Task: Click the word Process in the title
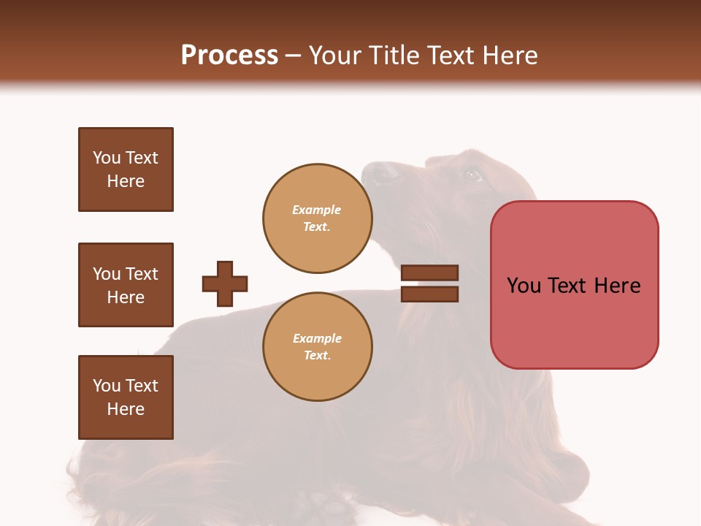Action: (229, 56)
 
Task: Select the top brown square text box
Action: (126, 169)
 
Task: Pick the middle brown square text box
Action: (126, 285)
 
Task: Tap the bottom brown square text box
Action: (126, 397)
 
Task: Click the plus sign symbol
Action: (225, 283)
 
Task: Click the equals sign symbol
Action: (429, 283)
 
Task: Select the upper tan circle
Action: (318, 218)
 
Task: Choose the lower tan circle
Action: (318, 347)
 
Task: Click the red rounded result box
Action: (574, 285)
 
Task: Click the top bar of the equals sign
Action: (429, 273)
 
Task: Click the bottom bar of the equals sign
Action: (429, 294)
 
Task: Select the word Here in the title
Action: (510, 56)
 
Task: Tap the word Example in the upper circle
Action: (317, 210)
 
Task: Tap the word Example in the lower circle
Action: (317, 339)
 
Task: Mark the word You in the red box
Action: (524, 286)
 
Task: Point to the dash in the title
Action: (294, 56)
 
